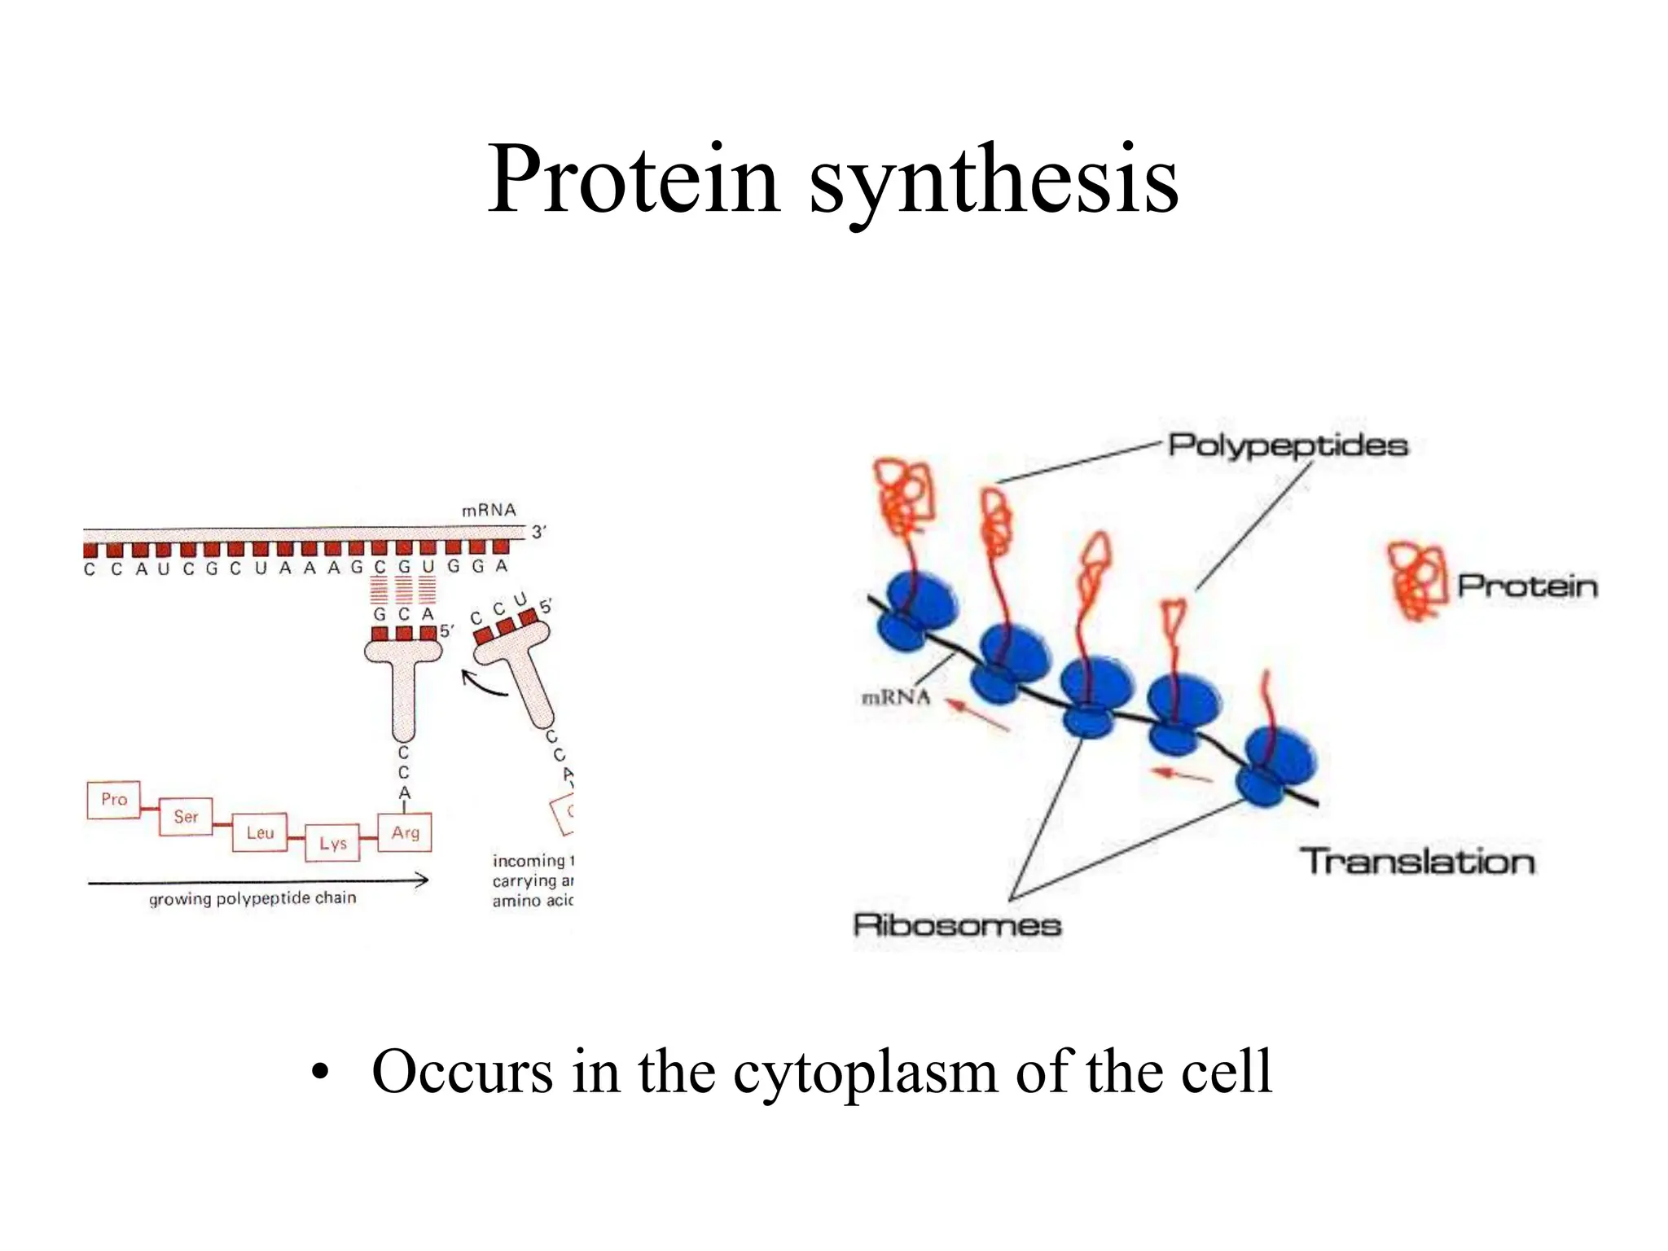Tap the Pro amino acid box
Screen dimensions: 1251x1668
[114, 800]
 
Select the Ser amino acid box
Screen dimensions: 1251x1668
[186, 816]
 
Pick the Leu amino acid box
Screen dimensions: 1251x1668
[260, 832]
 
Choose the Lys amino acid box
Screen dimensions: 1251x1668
[332, 844]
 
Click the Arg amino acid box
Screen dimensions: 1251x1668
[405, 832]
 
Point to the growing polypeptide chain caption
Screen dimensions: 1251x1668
[252, 898]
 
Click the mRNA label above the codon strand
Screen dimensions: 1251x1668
[489, 511]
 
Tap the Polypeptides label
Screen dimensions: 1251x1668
[1288, 446]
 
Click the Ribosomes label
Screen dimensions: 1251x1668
[957, 925]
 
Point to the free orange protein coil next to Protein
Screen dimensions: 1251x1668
[1417, 581]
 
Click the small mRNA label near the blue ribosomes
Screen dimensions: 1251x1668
[895, 697]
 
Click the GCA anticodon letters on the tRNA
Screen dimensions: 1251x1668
[403, 615]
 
